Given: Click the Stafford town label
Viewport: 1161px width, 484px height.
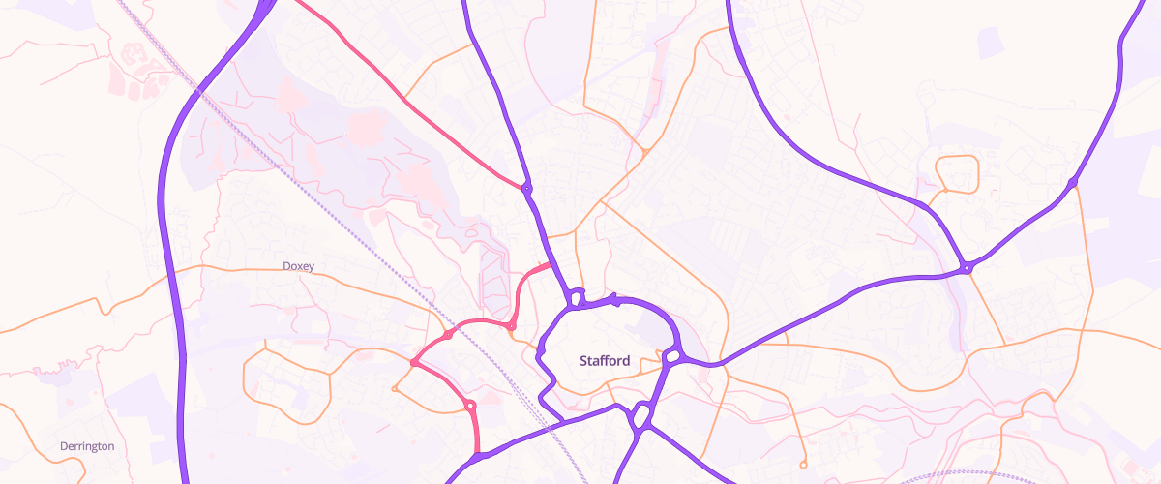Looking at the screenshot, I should pos(605,361).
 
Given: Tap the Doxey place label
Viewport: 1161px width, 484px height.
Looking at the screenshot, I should pos(298,266).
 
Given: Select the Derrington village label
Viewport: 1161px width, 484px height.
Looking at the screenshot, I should pos(87,446).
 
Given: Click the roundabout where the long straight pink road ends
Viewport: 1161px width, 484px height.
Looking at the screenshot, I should pos(526,187).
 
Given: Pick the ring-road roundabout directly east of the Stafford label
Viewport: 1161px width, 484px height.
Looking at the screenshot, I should pos(671,358).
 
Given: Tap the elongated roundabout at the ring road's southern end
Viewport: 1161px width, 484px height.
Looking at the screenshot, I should pos(640,417).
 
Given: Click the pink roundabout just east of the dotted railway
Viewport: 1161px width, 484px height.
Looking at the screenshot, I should pos(511,327).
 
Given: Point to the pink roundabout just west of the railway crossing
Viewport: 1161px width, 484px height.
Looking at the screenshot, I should pos(449,334).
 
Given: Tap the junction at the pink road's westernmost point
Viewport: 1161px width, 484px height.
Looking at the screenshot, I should pos(413,363).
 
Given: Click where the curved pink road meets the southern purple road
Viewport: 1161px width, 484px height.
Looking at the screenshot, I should pos(477,455).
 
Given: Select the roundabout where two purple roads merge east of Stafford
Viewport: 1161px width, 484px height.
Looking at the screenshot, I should pos(967,268).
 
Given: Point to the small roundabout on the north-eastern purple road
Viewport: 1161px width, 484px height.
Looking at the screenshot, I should pos(1072,183).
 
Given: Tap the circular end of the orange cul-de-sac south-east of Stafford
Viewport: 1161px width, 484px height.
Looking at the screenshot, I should pos(803,465).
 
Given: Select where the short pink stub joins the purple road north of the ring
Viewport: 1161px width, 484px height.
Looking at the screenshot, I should pos(551,263).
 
